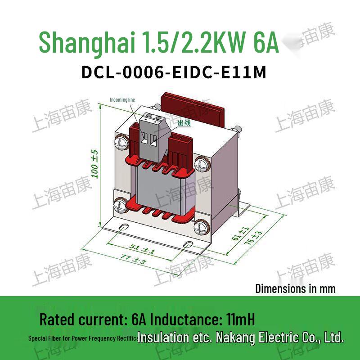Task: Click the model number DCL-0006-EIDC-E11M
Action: click(174, 73)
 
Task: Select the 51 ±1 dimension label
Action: click(142, 248)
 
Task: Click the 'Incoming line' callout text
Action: click(122, 99)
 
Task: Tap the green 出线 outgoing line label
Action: click(184, 123)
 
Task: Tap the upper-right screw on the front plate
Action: click(203, 162)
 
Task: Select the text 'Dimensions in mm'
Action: click(295, 288)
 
